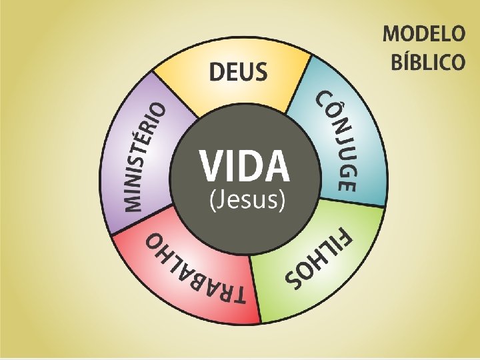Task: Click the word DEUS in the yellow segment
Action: (x=239, y=71)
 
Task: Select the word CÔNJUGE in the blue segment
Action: (x=339, y=141)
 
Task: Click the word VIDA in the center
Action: (x=244, y=166)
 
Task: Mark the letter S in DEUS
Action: (x=260, y=71)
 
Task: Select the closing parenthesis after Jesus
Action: (x=283, y=199)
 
